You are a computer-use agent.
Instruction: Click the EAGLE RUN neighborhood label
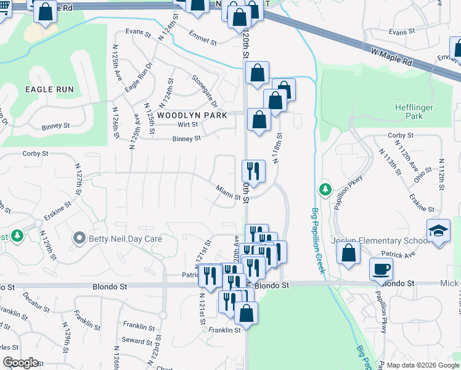click(49, 89)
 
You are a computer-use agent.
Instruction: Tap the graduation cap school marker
click(438, 231)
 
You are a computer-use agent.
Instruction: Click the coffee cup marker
click(380, 268)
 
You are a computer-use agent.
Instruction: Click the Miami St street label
click(227, 192)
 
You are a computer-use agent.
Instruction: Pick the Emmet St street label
click(203, 38)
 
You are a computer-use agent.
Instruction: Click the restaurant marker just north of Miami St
click(253, 170)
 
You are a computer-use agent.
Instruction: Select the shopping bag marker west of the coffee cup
click(349, 253)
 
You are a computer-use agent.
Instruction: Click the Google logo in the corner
click(20, 363)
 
